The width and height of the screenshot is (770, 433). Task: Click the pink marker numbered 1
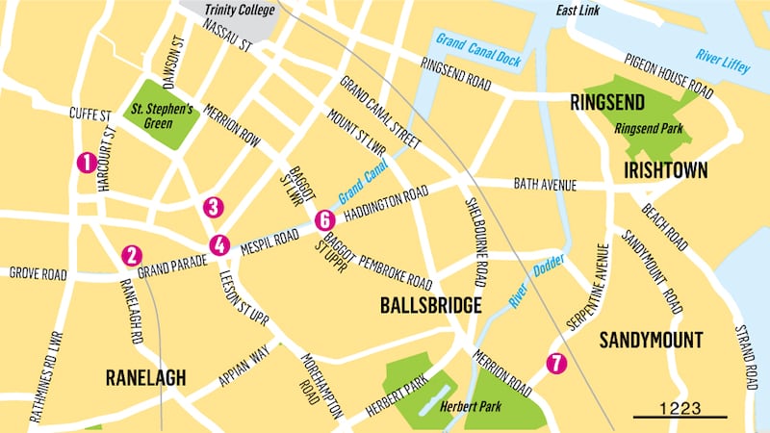pyautogui.click(x=87, y=163)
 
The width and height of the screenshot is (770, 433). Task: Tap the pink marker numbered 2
pyautogui.click(x=132, y=255)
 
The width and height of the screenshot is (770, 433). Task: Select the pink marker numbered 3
pyautogui.click(x=214, y=207)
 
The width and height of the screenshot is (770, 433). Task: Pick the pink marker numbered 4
pyautogui.click(x=220, y=244)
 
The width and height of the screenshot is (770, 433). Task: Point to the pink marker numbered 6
pyautogui.click(x=323, y=219)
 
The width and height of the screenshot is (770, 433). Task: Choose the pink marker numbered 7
pyautogui.click(x=552, y=364)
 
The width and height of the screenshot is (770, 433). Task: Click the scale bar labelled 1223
pyautogui.click(x=680, y=409)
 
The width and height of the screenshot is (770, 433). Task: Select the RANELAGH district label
pyautogui.click(x=145, y=377)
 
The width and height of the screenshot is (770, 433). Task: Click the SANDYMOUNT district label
pyautogui.click(x=651, y=340)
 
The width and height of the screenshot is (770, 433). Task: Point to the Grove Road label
pyautogui.click(x=38, y=274)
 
